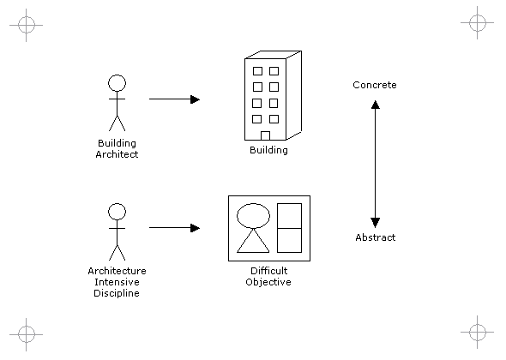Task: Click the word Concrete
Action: [x=374, y=85]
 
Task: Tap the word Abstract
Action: [x=376, y=237]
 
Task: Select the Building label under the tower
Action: [x=268, y=150]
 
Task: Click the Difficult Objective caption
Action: [x=268, y=276]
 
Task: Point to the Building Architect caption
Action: [x=117, y=148]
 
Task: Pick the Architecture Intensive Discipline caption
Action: [x=117, y=282]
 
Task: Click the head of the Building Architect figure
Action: [x=117, y=83]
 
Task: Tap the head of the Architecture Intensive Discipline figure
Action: [x=117, y=212]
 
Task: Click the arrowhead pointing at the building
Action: [x=196, y=99]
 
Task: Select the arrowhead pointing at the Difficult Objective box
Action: [x=196, y=228]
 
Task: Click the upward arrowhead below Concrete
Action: [x=376, y=105]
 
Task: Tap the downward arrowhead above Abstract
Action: [x=376, y=223]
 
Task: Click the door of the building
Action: [x=265, y=135]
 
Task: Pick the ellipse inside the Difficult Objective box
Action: [x=253, y=215]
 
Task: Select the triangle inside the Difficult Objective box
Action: [x=253, y=240]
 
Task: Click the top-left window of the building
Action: [x=257, y=71]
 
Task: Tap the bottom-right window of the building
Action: [x=274, y=119]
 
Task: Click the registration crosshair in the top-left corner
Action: [x=26, y=25]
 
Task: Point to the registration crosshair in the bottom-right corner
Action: [x=478, y=332]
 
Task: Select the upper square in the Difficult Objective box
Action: [x=290, y=216]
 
